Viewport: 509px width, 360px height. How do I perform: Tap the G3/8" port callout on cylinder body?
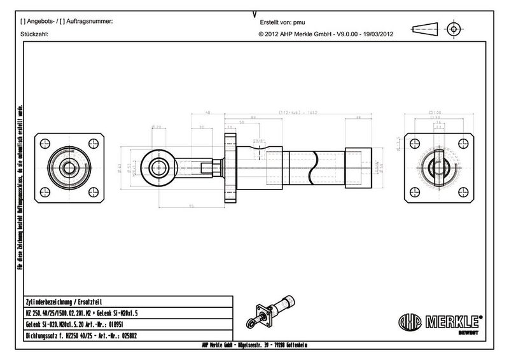tap(259, 141)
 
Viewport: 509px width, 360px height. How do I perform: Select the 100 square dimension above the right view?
tap(436, 113)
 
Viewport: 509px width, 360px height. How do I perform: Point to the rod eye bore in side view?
tap(157, 168)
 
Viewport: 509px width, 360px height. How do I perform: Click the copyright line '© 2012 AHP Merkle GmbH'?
tap(324, 35)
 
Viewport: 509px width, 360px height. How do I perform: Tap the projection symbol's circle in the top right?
tap(454, 29)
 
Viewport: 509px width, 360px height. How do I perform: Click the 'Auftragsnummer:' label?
tap(85, 22)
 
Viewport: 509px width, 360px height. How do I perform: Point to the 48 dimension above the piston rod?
tap(207, 113)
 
